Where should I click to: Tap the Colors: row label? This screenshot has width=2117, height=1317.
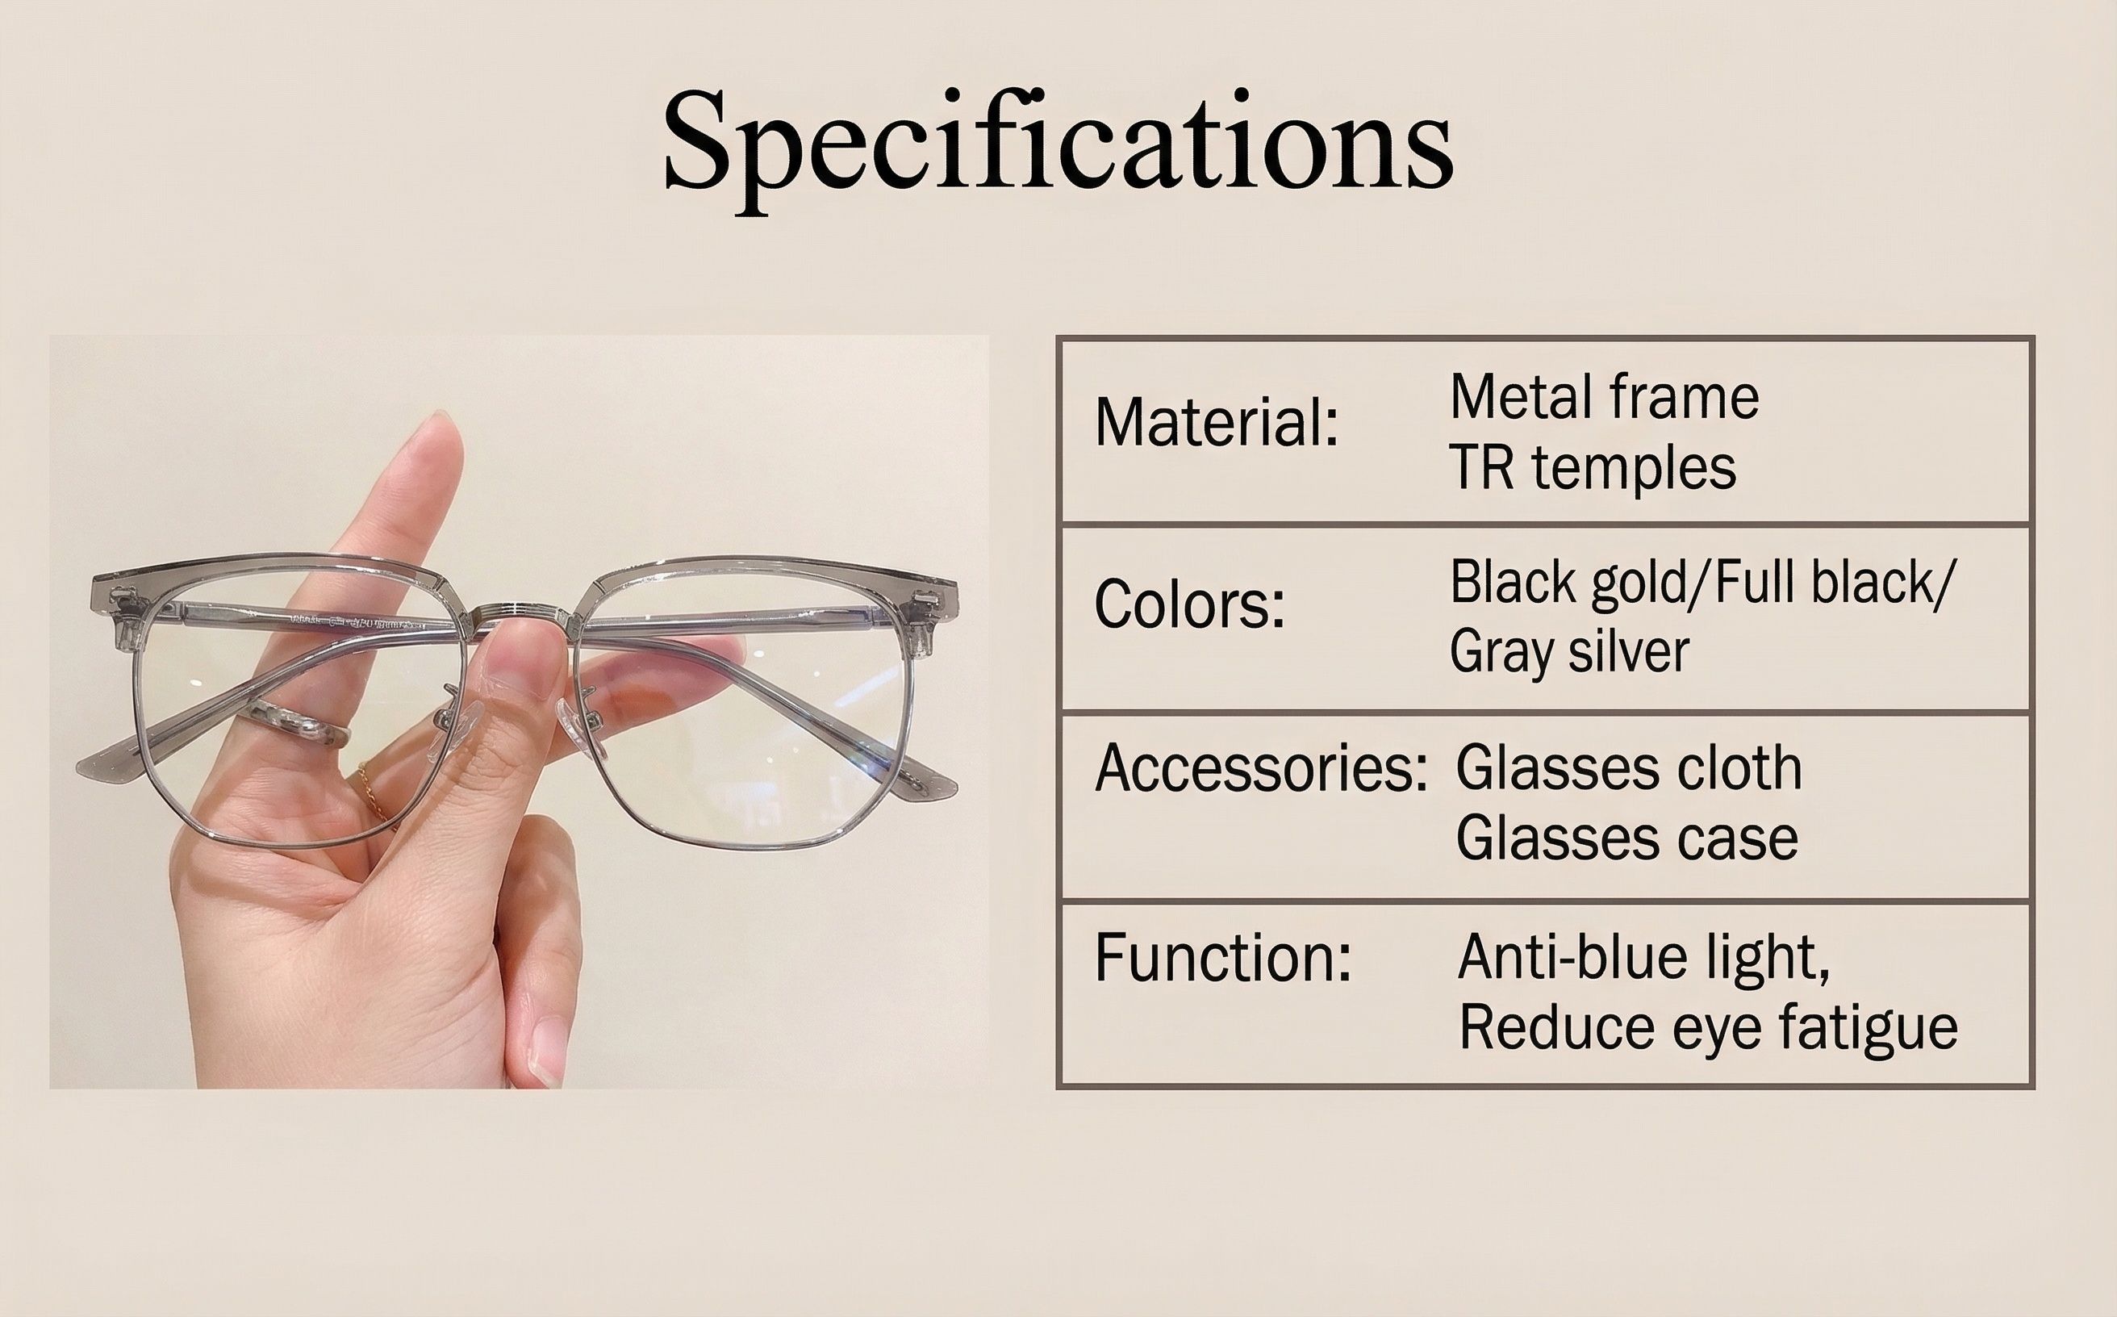[x=1189, y=604]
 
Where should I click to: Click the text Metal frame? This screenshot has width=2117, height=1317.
[x=1604, y=397]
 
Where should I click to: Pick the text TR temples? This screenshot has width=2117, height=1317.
[x=1593, y=469]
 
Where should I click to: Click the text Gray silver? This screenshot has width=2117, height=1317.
[x=1569, y=651]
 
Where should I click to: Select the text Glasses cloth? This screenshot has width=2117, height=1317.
[x=1628, y=768]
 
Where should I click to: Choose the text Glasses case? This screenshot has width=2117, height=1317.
[x=1626, y=838]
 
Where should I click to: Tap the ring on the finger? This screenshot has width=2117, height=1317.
[x=295, y=724]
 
